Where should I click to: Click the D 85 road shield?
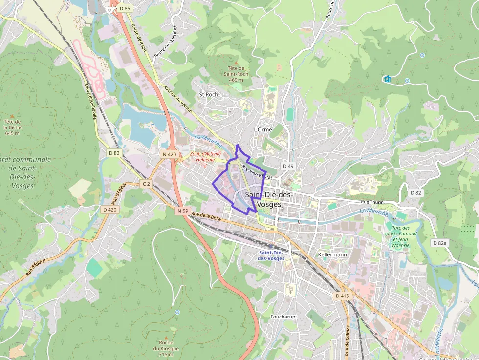(x=125, y=8)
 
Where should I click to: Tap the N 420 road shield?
(x=169, y=154)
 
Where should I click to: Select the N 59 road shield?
(x=183, y=211)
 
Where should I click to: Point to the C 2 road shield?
(x=146, y=183)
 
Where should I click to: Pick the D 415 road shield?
(x=343, y=296)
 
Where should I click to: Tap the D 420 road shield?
(x=110, y=209)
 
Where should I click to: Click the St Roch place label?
(x=208, y=94)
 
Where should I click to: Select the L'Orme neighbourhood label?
(x=262, y=129)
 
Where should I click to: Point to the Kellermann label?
(x=332, y=255)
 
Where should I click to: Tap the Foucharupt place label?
(x=284, y=317)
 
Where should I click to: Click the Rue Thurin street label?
(x=372, y=202)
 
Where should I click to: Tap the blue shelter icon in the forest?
(x=388, y=79)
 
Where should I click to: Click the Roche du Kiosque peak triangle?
(x=166, y=338)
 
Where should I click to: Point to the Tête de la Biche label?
(x=12, y=127)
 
